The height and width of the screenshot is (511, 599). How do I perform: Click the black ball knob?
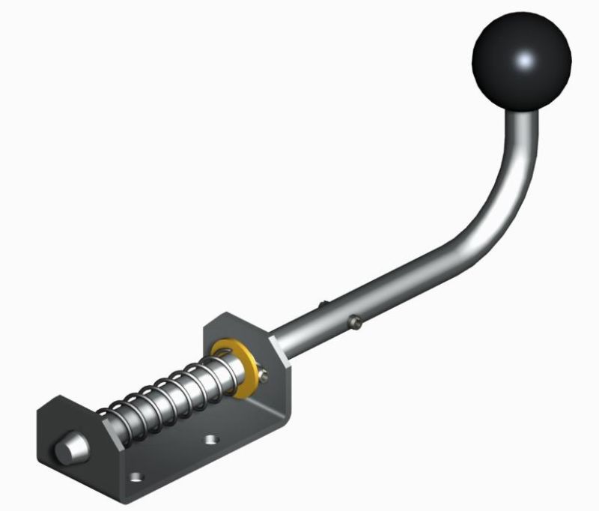point(522,59)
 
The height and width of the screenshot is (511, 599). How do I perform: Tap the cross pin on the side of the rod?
point(356,322)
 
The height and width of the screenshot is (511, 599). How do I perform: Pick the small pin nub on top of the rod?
point(323,303)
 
